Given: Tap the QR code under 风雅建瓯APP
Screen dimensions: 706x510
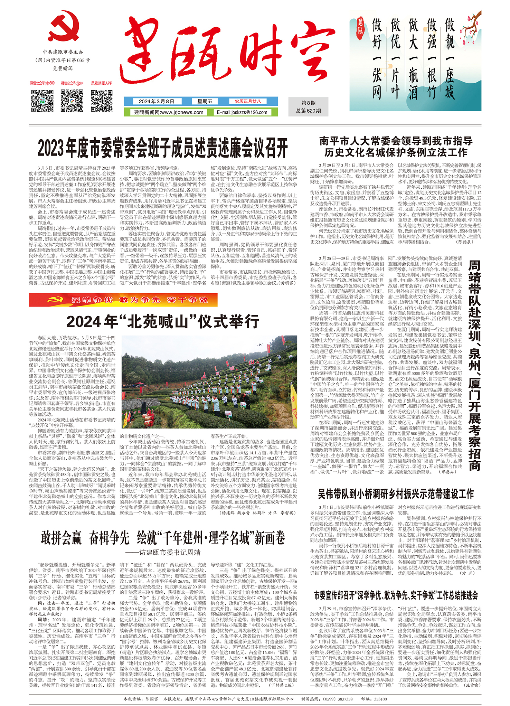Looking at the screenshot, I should click(x=102, y=101).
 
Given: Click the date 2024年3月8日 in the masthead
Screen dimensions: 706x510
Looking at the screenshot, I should click(x=156, y=102).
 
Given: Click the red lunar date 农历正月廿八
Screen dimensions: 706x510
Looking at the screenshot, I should click(x=248, y=102).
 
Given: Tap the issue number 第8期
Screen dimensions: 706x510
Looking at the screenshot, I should click(x=308, y=103).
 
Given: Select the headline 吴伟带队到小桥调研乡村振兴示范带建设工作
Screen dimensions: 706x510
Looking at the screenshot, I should click(x=395, y=494).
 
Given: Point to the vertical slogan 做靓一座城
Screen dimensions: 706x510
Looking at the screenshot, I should click(x=450, y=59).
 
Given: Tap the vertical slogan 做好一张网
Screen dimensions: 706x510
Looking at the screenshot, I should click(x=377, y=59).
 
